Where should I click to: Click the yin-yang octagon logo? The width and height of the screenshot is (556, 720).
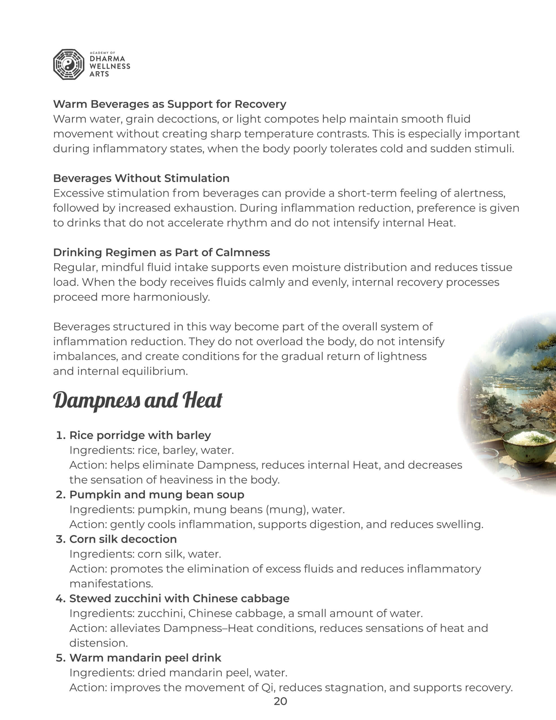tap(69, 65)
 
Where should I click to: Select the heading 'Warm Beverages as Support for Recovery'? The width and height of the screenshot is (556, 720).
tap(169, 104)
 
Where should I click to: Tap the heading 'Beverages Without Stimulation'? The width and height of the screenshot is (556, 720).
tap(141, 178)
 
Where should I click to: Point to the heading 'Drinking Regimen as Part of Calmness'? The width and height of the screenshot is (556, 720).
tap(162, 253)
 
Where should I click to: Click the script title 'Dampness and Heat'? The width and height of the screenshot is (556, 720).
tap(137, 400)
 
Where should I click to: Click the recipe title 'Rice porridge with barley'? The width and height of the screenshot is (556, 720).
tap(140, 435)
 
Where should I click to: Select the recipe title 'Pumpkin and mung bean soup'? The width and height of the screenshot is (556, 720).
tap(157, 495)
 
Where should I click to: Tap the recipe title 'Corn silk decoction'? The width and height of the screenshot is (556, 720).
tap(123, 539)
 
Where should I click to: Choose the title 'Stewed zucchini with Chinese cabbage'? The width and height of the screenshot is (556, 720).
tap(179, 598)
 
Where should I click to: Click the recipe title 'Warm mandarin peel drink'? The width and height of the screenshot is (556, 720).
tap(145, 658)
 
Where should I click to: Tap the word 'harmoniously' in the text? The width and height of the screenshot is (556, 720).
tap(171, 297)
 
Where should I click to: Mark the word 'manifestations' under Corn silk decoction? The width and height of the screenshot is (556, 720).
tap(111, 584)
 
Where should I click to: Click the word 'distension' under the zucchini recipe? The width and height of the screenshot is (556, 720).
tap(98, 643)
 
